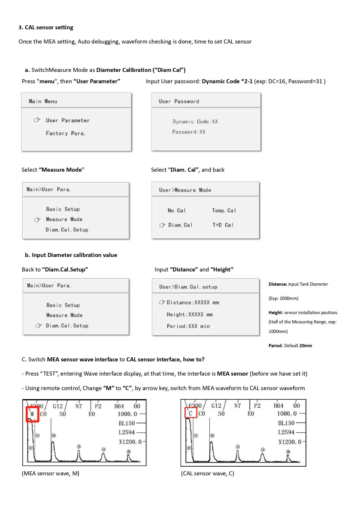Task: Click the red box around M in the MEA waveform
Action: [x=32, y=414]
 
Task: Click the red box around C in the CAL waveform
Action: [x=191, y=413]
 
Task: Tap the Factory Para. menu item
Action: [x=66, y=133]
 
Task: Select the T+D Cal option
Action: [x=223, y=225]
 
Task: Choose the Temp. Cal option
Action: [x=224, y=211]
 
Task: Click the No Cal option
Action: [x=176, y=211]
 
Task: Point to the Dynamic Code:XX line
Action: [x=195, y=122]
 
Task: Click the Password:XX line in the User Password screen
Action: [x=189, y=132]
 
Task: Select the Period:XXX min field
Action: [x=188, y=326]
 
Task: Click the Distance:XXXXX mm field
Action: [x=193, y=302]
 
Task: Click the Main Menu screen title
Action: [x=43, y=101]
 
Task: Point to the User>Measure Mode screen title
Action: [x=185, y=190]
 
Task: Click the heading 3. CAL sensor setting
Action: [x=46, y=28]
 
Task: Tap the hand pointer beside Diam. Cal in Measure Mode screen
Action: [x=162, y=225]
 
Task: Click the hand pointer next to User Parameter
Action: [x=37, y=120]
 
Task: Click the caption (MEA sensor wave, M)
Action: [x=50, y=474]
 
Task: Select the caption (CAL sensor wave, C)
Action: [x=207, y=474]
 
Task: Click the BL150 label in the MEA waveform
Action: [x=126, y=423]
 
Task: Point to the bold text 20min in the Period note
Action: [x=305, y=346]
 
